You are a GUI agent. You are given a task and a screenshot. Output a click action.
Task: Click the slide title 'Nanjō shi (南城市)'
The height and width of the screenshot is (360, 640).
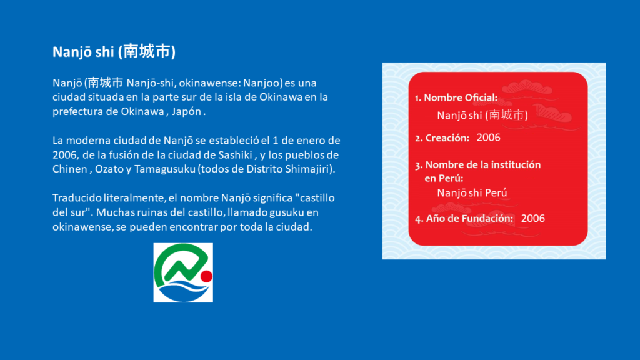[114, 52]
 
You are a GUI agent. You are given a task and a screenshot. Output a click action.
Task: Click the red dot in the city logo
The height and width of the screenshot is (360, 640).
[206, 276]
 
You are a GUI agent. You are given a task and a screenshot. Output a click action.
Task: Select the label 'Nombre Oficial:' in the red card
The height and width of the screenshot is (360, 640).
[461, 97]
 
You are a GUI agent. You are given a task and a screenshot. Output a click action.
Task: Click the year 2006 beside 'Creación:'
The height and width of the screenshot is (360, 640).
[489, 137]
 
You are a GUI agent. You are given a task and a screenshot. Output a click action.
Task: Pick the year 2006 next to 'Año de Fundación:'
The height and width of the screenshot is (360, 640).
[533, 218]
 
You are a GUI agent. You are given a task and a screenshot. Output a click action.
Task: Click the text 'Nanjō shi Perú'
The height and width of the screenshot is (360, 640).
[472, 192]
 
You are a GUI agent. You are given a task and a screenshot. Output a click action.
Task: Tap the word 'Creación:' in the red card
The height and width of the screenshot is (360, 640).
[447, 138]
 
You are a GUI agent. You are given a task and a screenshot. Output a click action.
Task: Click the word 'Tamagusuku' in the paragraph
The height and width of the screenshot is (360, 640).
[165, 169]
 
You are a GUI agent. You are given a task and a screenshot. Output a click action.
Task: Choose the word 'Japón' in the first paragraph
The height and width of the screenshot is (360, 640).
[186, 112]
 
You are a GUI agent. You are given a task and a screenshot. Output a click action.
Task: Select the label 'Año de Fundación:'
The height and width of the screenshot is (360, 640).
[469, 218]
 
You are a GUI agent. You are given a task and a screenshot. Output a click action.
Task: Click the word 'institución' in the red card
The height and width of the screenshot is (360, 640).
[516, 164]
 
